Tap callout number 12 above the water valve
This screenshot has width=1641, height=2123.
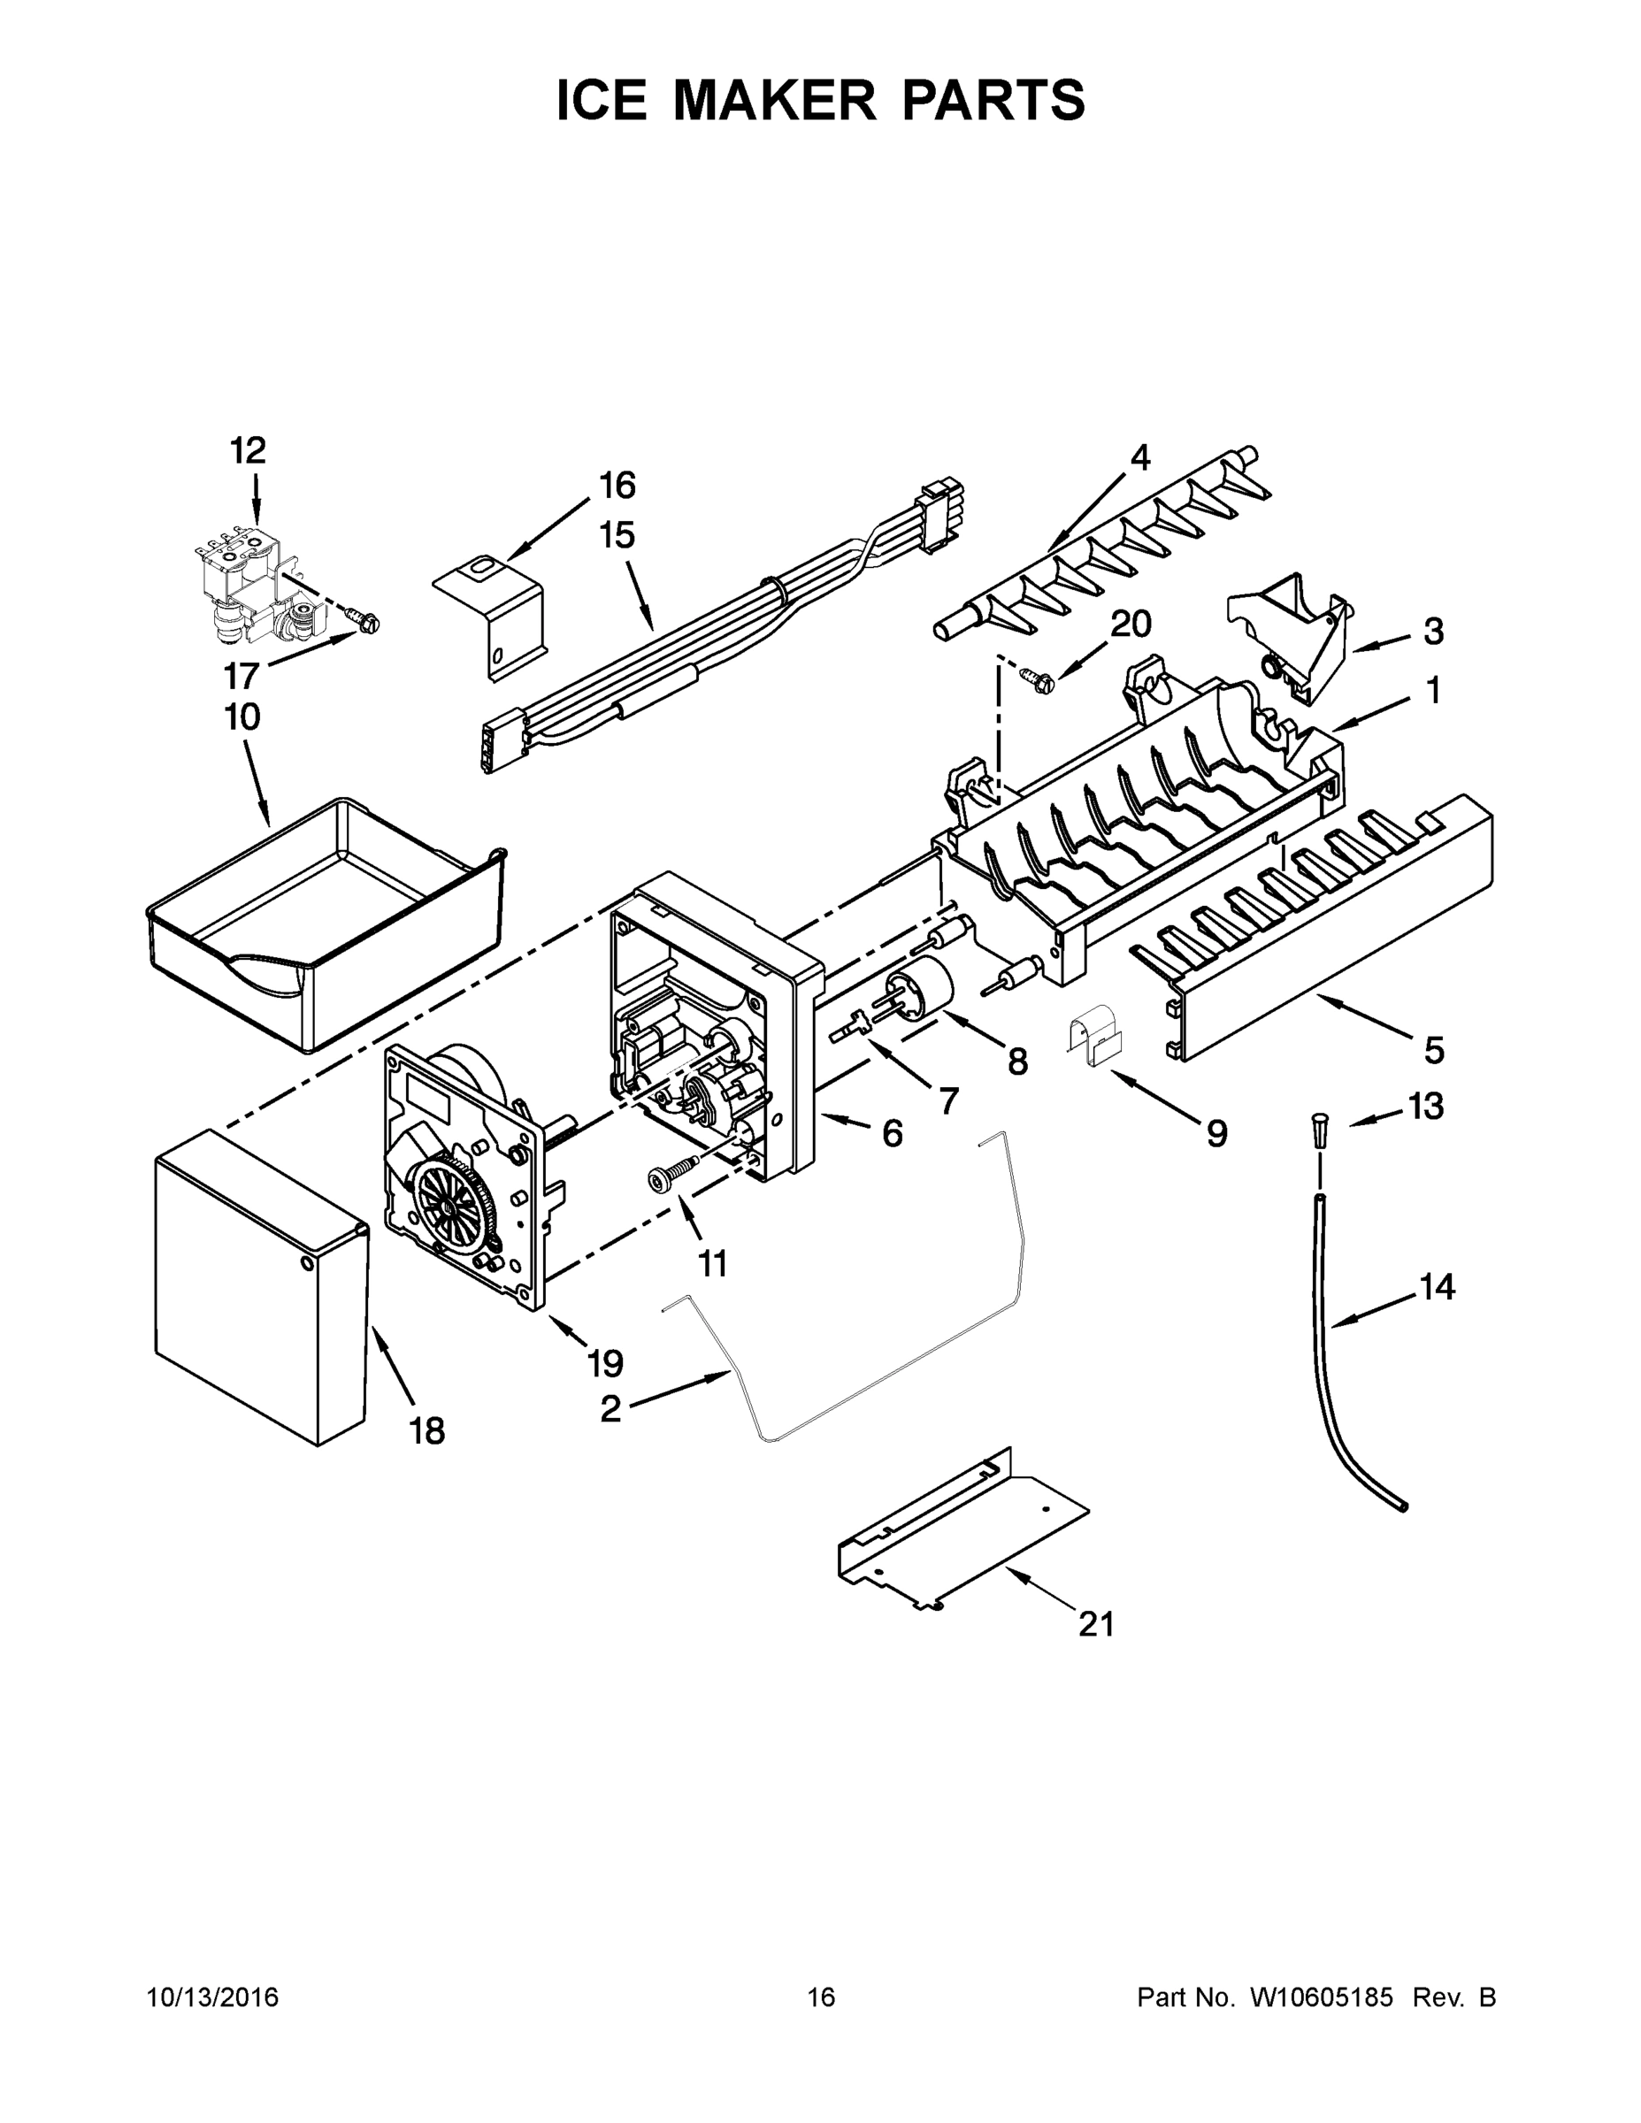point(248,450)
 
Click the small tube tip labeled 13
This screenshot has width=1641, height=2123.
point(1319,1132)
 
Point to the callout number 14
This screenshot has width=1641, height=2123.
point(1437,1287)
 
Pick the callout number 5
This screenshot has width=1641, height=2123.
point(1434,1050)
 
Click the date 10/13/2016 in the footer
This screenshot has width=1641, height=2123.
point(212,1997)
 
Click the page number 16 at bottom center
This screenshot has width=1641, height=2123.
point(821,1997)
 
